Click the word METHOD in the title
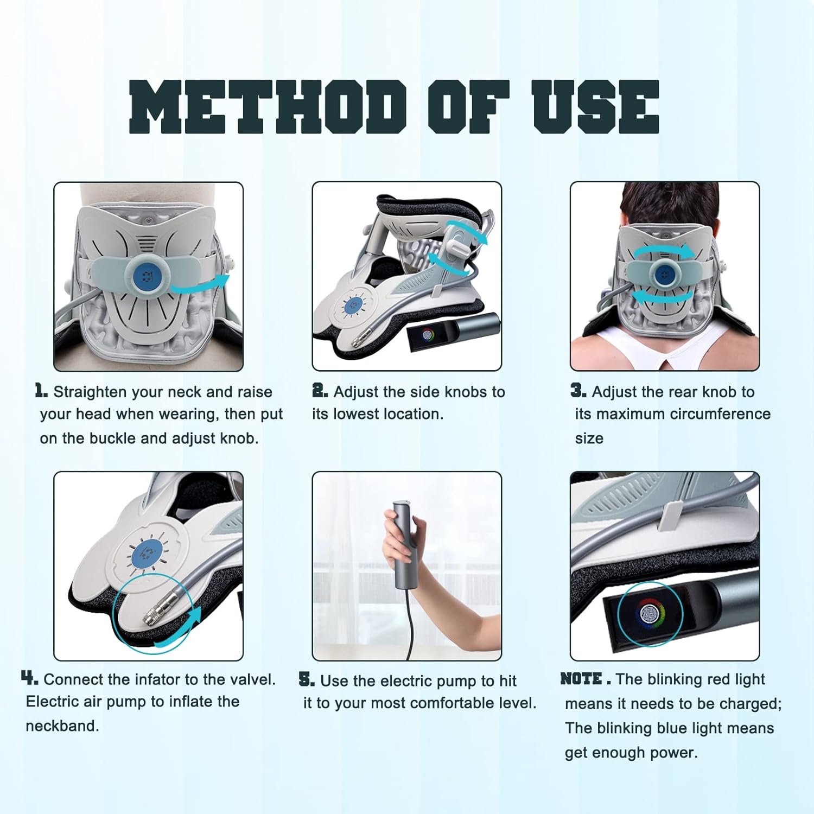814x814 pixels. pos(267,107)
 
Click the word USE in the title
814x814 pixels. pos(595,107)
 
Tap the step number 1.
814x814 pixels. pos(41,390)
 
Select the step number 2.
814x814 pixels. pos(320,390)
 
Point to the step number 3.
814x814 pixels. pos(578,390)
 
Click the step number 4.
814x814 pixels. pos(29,678)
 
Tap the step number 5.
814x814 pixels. pos(307,679)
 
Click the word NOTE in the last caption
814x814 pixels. pos(581,679)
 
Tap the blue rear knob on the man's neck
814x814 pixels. pos(664,275)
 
